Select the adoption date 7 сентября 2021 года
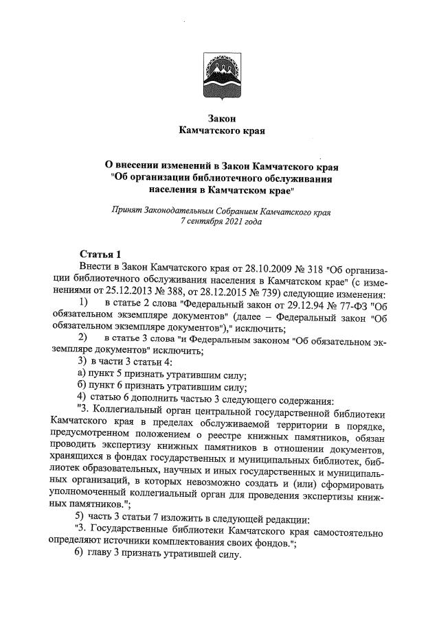(x=220, y=222)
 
